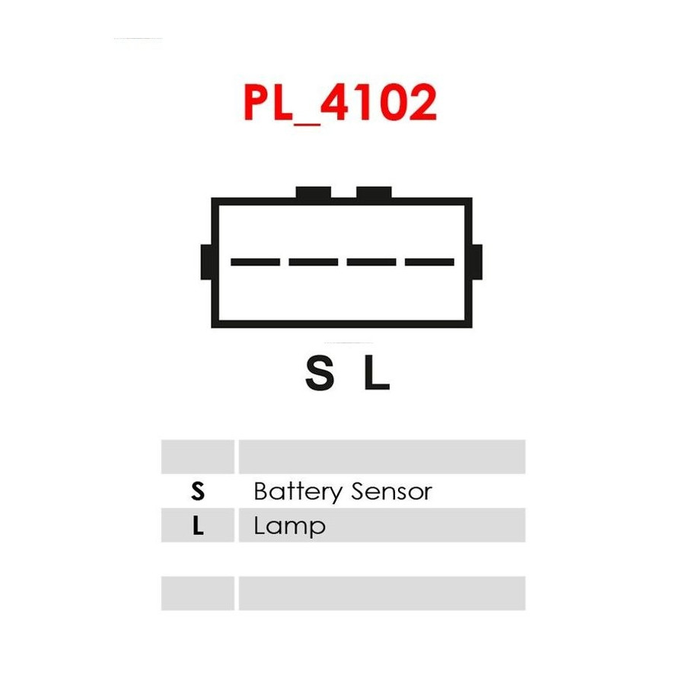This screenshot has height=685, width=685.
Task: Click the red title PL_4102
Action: [x=340, y=103]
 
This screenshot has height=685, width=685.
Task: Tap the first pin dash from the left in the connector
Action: [x=255, y=262]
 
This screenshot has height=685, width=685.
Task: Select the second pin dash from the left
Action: [x=314, y=262]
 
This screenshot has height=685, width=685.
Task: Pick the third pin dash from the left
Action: [x=371, y=262]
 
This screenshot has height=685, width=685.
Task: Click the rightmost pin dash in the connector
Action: [x=429, y=262]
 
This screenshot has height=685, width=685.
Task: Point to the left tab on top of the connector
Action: [x=314, y=193]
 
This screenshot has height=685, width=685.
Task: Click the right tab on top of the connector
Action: [x=374, y=193]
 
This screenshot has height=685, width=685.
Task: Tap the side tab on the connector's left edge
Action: [x=206, y=262]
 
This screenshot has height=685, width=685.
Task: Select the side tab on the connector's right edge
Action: [x=477, y=262]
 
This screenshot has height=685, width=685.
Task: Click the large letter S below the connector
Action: [x=320, y=373]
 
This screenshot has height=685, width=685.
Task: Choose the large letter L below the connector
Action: [x=377, y=373]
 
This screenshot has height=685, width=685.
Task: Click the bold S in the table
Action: [x=198, y=491]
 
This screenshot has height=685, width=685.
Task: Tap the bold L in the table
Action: [x=198, y=525]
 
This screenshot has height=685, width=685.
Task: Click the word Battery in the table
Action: [x=298, y=492]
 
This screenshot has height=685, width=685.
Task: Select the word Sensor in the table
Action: [x=392, y=492]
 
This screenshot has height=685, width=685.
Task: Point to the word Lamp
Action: [x=290, y=527]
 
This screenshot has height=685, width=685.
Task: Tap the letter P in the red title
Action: [x=256, y=102]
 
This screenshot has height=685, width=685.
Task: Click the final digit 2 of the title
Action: [x=423, y=102]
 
